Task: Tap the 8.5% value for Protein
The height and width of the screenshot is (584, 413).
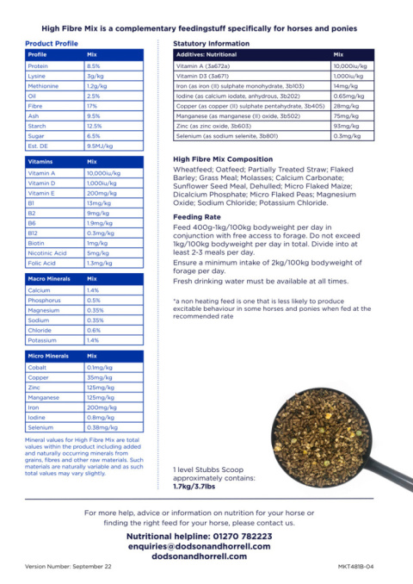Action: (94, 65)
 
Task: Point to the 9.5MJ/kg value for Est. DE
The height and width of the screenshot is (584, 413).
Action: (101, 146)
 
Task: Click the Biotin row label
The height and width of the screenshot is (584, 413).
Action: (37, 243)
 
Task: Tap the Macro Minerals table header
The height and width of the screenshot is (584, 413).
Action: (49, 279)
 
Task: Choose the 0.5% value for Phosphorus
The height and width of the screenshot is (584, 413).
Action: (93, 301)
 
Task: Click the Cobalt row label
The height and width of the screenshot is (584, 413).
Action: (38, 367)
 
